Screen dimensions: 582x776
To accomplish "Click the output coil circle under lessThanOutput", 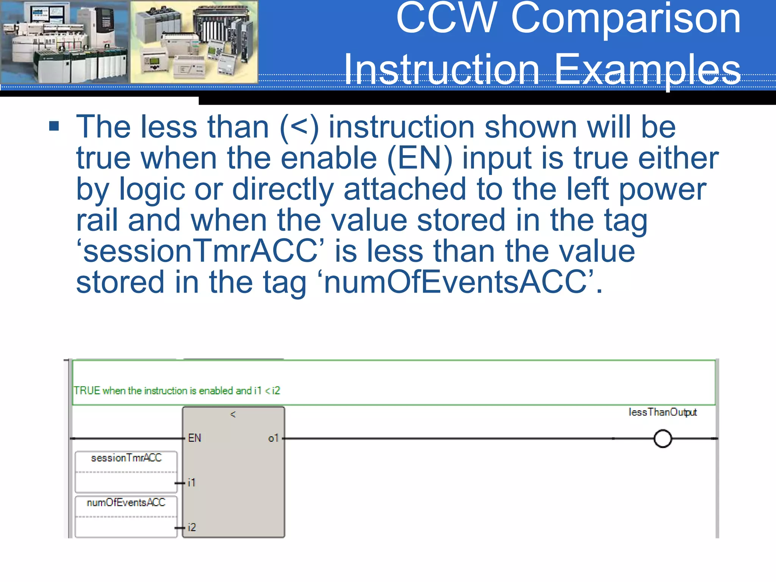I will point(663,439).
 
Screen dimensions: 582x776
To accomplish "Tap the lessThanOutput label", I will point(662,412).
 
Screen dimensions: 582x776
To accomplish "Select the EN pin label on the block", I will point(194,438).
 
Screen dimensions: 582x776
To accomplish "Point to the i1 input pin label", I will point(192,483).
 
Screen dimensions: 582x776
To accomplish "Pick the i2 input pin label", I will point(192,527).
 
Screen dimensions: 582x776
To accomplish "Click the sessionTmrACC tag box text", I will point(126,458).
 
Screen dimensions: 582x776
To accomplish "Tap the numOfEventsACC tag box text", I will point(126,503).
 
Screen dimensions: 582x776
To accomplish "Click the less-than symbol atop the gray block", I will point(233,415).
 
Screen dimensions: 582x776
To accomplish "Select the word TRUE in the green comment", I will point(87,391).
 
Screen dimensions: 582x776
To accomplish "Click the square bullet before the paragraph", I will point(54,126).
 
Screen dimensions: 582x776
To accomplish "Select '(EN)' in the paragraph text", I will point(420,158).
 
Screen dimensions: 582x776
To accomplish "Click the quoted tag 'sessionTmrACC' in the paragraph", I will point(200,252).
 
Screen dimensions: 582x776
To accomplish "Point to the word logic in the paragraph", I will point(152,189).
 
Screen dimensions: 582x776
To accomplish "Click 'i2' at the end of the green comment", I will point(276,391).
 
